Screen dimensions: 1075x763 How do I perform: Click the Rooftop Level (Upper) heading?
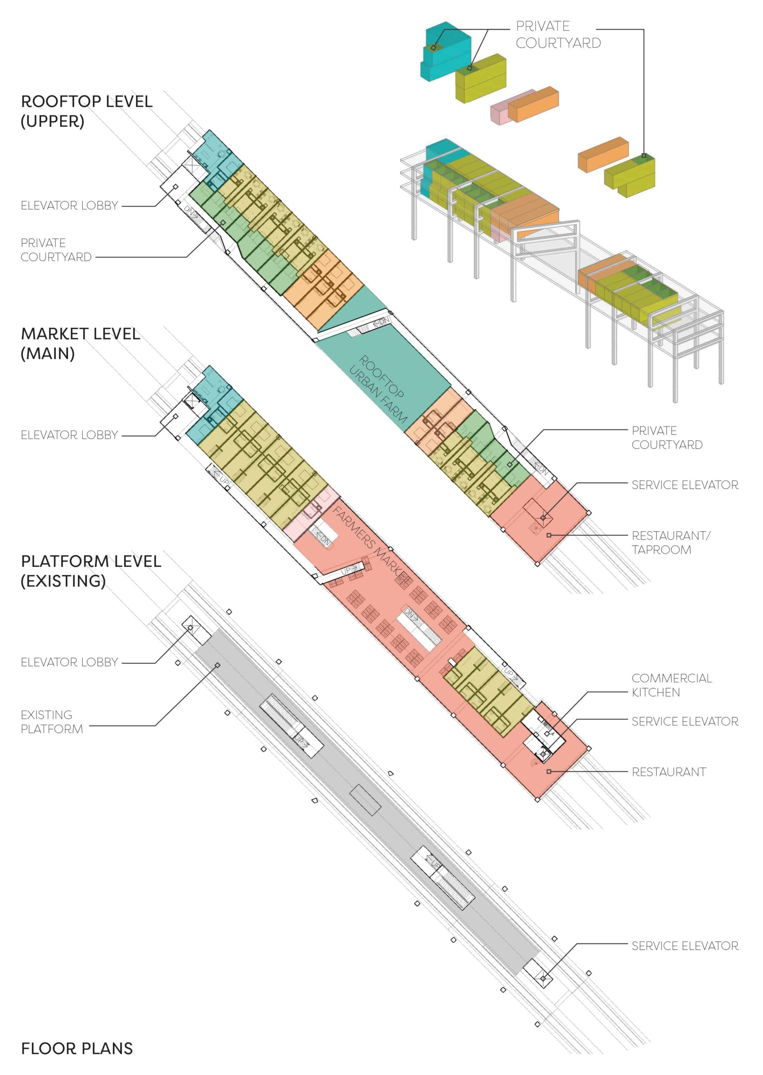point(86,111)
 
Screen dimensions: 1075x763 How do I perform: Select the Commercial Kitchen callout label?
point(672,685)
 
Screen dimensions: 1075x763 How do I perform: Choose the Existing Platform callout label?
point(52,721)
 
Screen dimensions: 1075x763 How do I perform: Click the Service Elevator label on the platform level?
point(685,946)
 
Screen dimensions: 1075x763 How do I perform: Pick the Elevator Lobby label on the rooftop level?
point(69,205)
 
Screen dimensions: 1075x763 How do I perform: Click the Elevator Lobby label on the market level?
point(69,435)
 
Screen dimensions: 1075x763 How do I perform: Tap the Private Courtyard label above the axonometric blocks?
point(558,34)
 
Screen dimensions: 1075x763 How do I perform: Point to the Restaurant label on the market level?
point(669,772)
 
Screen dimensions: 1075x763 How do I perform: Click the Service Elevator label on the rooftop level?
point(685,485)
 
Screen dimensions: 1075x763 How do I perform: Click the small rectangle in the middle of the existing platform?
point(366,800)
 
